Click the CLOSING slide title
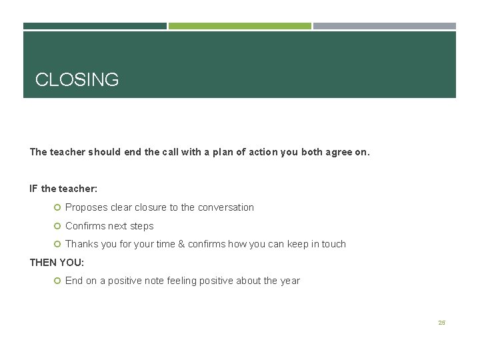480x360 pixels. click(x=77, y=80)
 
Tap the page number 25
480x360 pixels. click(x=441, y=323)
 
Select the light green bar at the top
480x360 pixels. click(x=239, y=26)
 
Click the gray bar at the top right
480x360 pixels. click(x=385, y=26)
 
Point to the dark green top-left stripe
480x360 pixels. click(x=95, y=26)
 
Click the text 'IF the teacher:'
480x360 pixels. click(x=63, y=189)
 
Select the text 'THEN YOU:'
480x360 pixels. click(x=57, y=263)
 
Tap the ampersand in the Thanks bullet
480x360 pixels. click(x=181, y=244)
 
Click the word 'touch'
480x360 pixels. click(x=333, y=244)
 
